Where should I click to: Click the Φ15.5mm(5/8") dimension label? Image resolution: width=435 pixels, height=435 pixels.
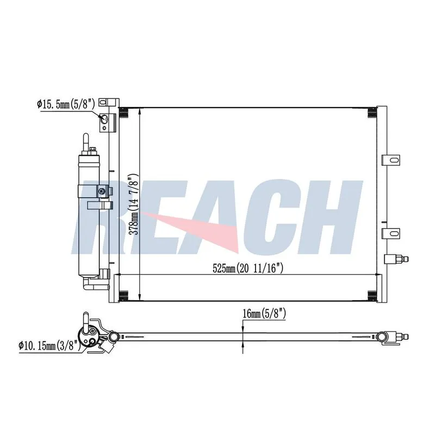point(66,104)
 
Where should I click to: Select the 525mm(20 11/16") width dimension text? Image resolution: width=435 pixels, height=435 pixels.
point(248,268)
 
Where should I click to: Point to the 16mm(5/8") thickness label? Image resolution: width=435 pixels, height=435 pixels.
point(264,314)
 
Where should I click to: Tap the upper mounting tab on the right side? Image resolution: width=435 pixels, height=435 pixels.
point(391,160)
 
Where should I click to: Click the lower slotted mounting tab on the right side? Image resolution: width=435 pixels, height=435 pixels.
point(391,233)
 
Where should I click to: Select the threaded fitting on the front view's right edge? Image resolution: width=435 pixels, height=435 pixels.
point(396,259)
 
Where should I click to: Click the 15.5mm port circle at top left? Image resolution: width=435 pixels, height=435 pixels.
point(104,119)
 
